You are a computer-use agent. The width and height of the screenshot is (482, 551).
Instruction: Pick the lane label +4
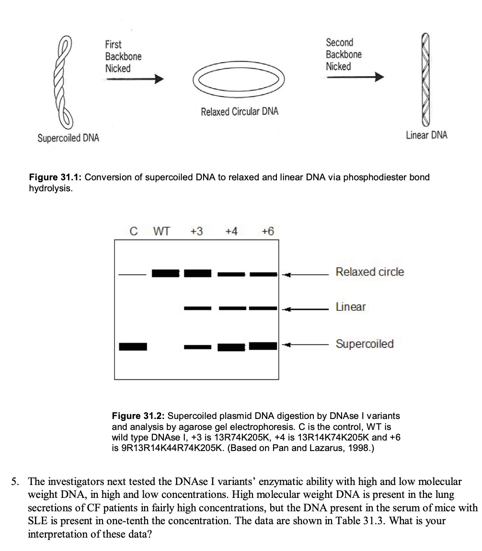click(x=231, y=231)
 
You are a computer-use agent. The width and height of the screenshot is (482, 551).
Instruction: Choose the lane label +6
click(x=267, y=231)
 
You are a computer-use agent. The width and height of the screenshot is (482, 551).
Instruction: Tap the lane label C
click(x=134, y=231)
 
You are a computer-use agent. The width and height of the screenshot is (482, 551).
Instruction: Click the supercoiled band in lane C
click(x=133, y=346)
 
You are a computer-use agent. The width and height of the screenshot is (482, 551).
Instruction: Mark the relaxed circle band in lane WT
click(x=165, y=274)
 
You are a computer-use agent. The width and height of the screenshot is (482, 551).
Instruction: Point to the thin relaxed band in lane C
click(x=132, y=275)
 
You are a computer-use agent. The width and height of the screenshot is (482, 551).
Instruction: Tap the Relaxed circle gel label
click(x=370, y=272)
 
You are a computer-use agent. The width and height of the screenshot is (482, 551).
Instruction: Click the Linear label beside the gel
click(x=351, y=307)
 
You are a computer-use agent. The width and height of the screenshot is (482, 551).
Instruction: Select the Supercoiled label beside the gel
click(x=365, y=344)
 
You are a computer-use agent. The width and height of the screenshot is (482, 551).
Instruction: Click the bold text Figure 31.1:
click(x=57, y=177)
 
